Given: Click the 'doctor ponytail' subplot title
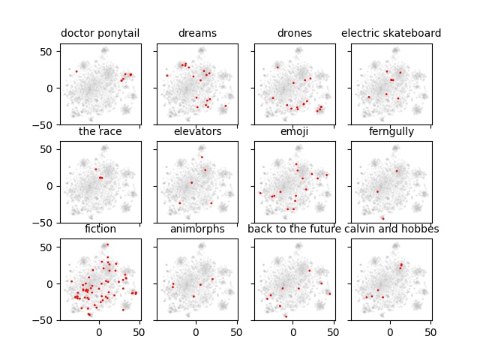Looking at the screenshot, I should (100, 33).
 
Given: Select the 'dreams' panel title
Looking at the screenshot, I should (197, 33).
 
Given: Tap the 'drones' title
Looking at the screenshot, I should (295, 33).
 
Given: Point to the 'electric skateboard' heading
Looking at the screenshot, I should (391, 33).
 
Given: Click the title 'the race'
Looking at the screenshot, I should (100, 131).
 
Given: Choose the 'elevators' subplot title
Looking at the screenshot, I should (197, 131).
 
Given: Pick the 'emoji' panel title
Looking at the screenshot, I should (295, 131).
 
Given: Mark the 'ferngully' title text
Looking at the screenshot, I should (391, 131).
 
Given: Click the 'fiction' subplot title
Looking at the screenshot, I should (100, 229).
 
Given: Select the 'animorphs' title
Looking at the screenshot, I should (197, 229).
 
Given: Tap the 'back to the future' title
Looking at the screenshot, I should (295, 229).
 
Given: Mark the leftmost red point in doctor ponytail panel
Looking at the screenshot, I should (76, 71).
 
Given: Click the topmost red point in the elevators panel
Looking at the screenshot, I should (201, 157).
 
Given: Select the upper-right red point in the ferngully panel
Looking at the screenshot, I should (397, 171).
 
